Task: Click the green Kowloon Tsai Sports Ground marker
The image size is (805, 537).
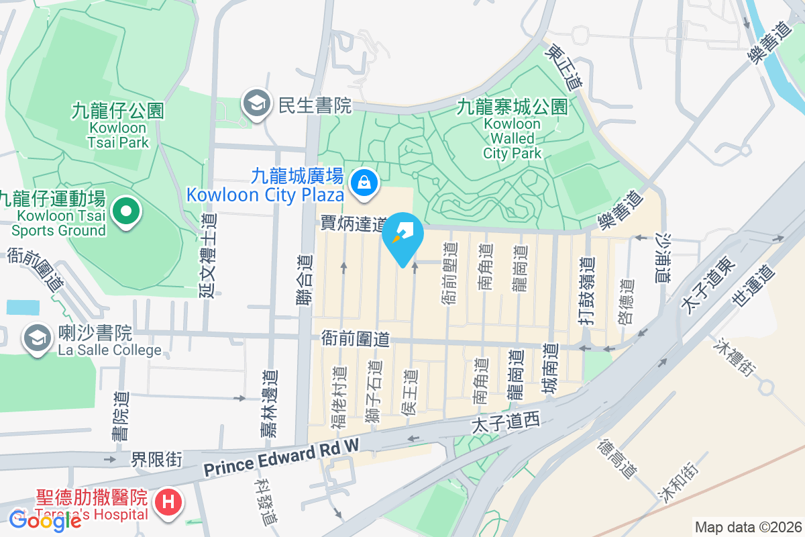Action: click(125, 212)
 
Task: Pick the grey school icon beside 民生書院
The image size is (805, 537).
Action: click(256, 105)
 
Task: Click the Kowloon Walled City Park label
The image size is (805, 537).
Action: click(513, 130)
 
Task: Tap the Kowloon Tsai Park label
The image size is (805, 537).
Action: click(118, 126)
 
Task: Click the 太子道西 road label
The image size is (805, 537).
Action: click(506, 423)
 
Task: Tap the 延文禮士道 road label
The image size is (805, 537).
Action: click(209, 254)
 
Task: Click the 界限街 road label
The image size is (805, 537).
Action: click(156, 460)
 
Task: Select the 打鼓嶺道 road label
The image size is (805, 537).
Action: click(586, 292)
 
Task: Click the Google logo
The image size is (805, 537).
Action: click(45, 520)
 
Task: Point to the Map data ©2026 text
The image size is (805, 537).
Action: click(748, 528)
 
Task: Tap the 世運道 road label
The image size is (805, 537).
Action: click(752, 286)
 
